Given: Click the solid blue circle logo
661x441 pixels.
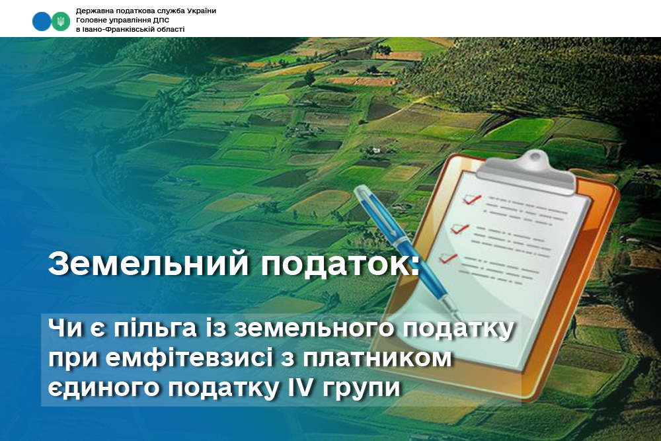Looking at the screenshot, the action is tap(41, 21).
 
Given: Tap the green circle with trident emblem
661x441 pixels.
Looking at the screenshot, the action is tap(61, 21).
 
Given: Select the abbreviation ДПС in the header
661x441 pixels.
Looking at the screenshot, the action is tap(162, 20).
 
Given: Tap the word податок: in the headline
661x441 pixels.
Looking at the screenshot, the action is tap(340, 264).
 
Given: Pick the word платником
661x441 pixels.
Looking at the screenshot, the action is tap(377, 358).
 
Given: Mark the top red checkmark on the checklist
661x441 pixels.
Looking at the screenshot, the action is tap(472, 199).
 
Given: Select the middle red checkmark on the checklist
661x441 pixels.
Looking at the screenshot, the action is tap(460, 229).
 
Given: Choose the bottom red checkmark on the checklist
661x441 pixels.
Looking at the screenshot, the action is tap(447, 258).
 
